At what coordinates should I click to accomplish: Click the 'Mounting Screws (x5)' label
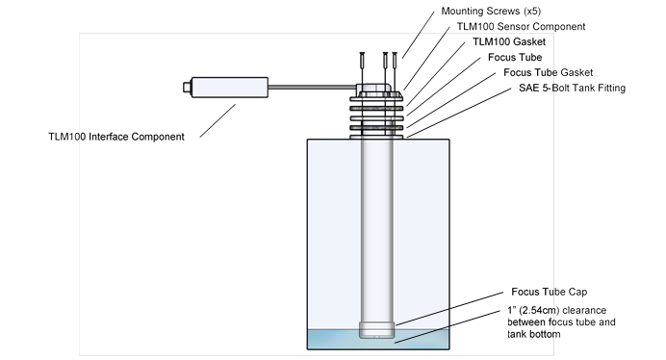(491, 11)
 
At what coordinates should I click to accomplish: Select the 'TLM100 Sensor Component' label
(521, 26)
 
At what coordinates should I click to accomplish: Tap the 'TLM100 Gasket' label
(509, 41)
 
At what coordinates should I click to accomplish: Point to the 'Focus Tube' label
(515, 57)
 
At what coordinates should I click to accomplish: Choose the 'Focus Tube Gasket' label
(548, 72)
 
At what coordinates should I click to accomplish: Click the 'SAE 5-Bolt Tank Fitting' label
(572, 88)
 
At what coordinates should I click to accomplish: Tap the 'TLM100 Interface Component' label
(116, 137)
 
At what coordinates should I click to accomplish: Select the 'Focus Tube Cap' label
(549, 292)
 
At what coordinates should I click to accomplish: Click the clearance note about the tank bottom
(561, 322)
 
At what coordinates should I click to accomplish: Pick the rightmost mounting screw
(395, 71)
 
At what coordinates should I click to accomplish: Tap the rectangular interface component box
(229, 88)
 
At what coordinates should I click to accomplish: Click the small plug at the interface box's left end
(187, 88)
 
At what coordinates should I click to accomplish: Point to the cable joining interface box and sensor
(312, 88)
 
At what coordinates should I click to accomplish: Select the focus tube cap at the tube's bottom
(376, 330)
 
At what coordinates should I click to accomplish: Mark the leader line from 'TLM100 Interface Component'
(218, 120)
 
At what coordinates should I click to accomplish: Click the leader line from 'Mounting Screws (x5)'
(419, 35)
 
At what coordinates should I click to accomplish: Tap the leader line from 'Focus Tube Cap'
(449, 309)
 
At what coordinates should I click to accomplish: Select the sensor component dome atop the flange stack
(375, 88)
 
